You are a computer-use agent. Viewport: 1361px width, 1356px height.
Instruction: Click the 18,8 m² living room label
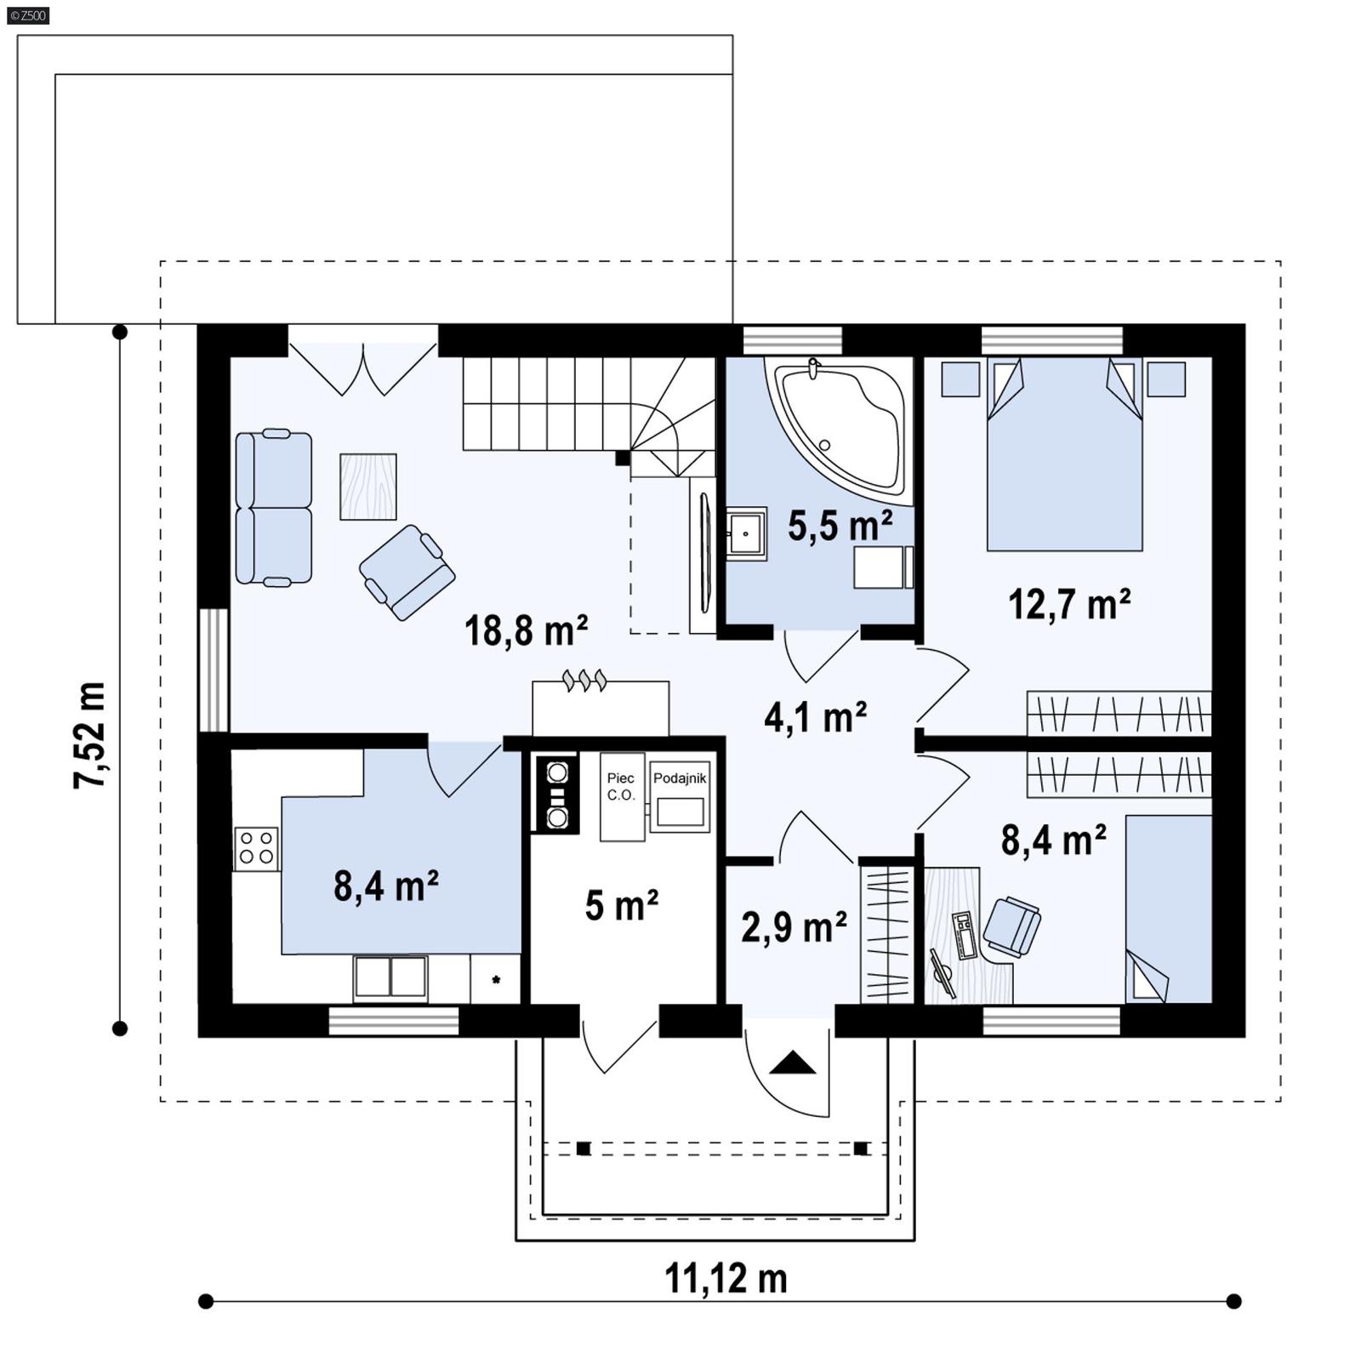tap(526, 631)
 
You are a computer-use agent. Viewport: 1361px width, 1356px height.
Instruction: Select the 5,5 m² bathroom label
tap(840, 526)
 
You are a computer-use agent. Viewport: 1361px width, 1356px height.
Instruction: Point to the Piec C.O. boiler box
tap(622, 796)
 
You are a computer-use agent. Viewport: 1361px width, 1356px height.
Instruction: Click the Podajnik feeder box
tap(680, 798)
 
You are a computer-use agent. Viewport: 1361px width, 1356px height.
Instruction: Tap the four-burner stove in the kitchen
tap(256, 847)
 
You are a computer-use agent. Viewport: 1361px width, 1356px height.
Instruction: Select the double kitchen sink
tap(390, 977)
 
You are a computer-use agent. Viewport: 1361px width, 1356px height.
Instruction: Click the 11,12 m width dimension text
tap(725, 1278)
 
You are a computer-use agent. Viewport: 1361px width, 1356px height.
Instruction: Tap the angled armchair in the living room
tap(407, 572)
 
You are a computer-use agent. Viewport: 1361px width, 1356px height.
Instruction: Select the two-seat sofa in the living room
tap(273, 508)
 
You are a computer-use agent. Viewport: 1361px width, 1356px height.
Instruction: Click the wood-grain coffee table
tap(368, 486)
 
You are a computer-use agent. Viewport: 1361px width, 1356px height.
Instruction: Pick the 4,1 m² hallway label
tap(815, 717)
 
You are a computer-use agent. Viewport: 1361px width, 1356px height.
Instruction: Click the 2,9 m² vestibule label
tap(793, 926)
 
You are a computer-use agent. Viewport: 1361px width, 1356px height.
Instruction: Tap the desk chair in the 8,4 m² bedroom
tap(1011, 925)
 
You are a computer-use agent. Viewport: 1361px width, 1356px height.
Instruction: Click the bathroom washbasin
tap(746, 533)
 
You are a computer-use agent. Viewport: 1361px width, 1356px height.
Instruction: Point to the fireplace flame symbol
tap(585, 680)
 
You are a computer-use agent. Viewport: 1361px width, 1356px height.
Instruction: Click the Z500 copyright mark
tap(27, 14)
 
